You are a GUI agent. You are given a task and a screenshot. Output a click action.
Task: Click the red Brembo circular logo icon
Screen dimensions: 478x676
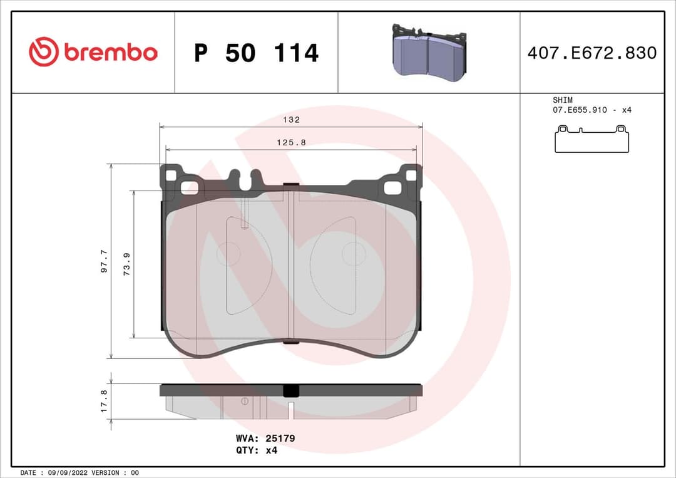pyautogui.click(x=43, y=52)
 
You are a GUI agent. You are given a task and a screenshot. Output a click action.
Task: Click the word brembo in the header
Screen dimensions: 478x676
pyautogui.click(x=110, y=53)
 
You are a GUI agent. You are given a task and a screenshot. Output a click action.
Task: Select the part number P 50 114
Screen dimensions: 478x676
pyautogui.click(x=256, y=53)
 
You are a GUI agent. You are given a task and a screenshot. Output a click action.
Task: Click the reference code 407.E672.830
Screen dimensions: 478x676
pyautogui.click(x=591, y=53)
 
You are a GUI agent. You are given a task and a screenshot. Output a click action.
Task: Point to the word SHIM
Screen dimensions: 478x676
pyautogui.click(x=562, y=100)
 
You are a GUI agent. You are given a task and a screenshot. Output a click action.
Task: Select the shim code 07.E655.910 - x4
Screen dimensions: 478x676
pyautogui.click(x=591, y=110)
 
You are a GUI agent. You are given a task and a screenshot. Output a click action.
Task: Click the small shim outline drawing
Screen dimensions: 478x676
pyautogui.click(x=591, y=138)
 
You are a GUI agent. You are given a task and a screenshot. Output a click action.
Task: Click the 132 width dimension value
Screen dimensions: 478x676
pyautogui.click(x=291, y=120)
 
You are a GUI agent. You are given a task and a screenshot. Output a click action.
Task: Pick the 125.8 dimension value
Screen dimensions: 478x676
pyautogui.click(x=291, y=142)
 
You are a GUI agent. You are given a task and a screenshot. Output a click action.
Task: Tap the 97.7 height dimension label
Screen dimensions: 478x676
pyautogui.click(x=105, y=261)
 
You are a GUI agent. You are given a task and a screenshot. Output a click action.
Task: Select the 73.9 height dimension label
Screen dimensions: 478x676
pyautogui.click(x=126, y=264)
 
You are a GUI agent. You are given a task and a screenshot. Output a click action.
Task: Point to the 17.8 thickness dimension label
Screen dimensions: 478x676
pyautogui.click(x=105, y=401)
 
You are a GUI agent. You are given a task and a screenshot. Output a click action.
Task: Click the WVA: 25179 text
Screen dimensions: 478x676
pyautogui.click(x=265, y=439)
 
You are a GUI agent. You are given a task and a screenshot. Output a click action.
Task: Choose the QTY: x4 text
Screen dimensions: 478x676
pyautogui.click(x=256, y=450)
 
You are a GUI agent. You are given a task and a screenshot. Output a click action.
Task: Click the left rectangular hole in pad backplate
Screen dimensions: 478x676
pyautogui.click(x=189, y=187)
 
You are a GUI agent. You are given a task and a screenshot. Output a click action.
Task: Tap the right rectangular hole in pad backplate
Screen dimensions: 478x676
pyautogui.click(x=393, y=187)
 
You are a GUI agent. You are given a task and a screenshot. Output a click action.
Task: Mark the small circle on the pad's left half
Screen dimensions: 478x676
pyautogui.click(x=228, y=254)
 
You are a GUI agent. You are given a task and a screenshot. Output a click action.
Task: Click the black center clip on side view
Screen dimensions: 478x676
pyautogui.click(x=291, y=390)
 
